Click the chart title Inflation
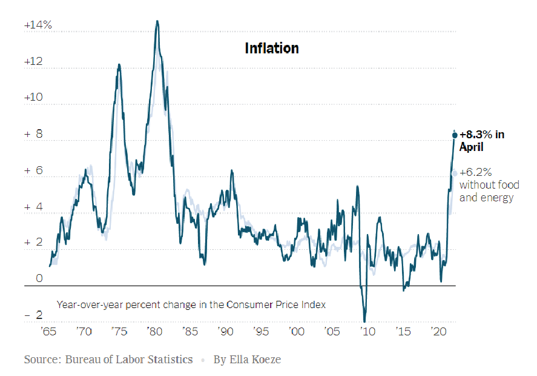click(271, 49)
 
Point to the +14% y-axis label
click(38, 26)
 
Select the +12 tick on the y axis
click(34, 62)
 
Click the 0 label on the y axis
click(39, 279)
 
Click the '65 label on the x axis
click(48, 332)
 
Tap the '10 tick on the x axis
click(366, 332)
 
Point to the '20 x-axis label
click(437, 332)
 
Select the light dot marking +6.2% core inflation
click(455, 173)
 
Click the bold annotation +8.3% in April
click(481, 141)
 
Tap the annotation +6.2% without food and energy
click(486, 184)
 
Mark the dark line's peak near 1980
click(157, 21)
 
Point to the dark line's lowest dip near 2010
click(364, 321)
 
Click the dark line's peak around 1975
click(119, 64)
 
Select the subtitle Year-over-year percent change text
click(191, 304)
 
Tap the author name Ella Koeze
click(254, 360)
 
